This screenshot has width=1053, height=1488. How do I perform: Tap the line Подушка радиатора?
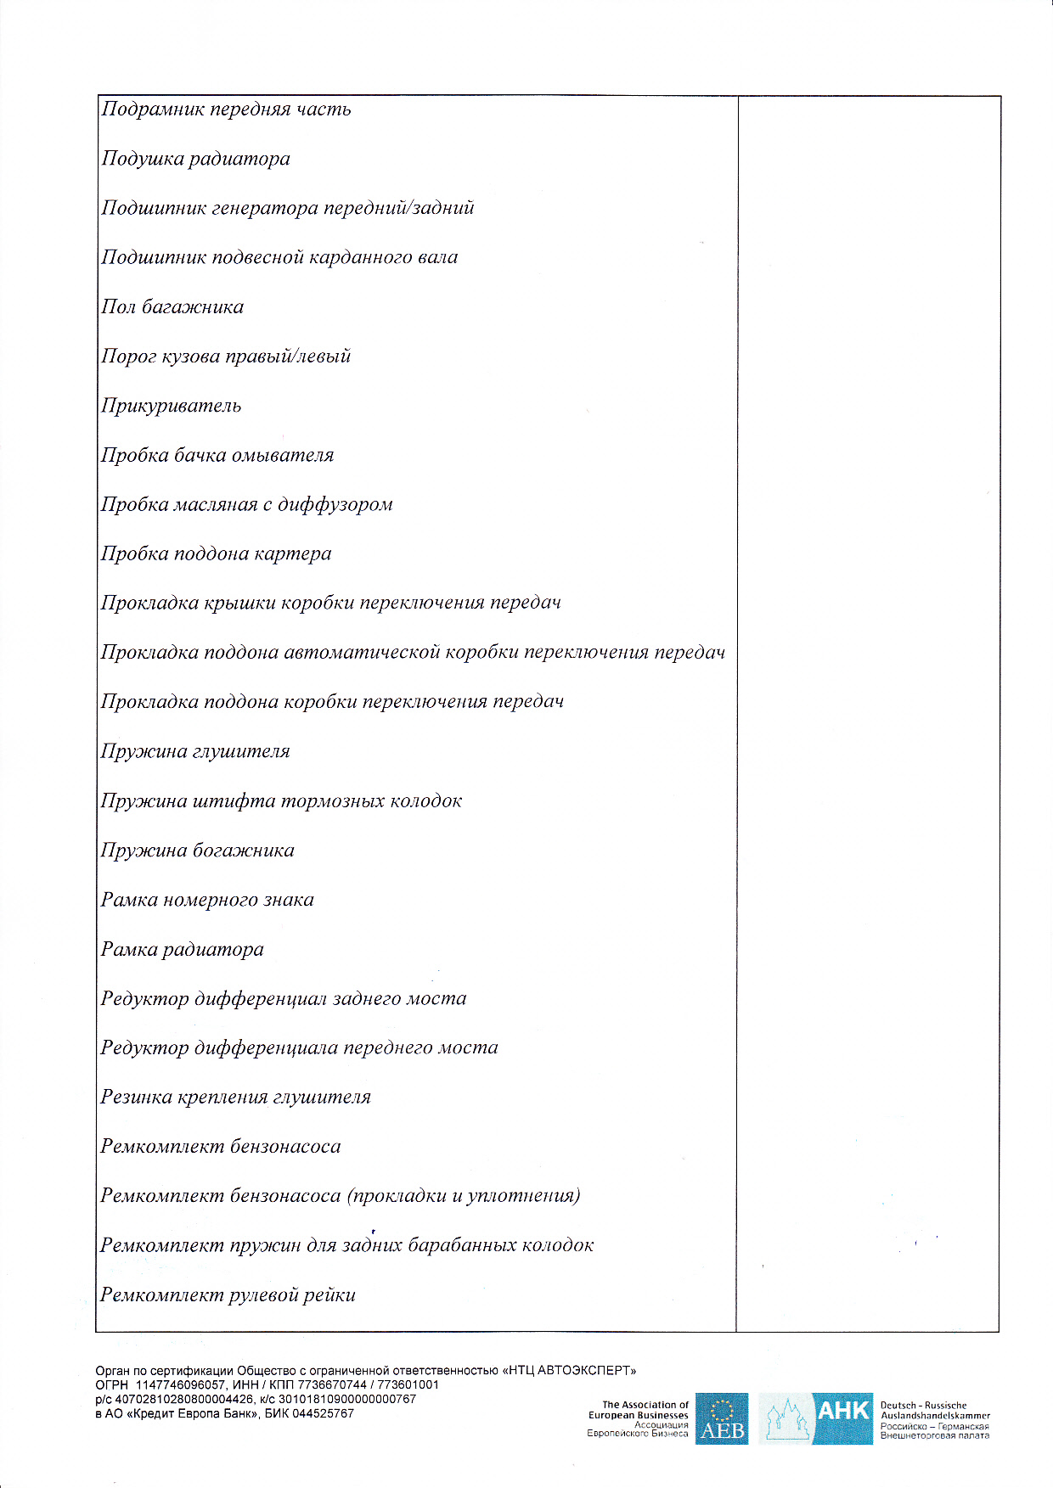195,159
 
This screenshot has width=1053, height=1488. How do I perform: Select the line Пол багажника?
172,307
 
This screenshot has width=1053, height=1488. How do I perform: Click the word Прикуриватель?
171,406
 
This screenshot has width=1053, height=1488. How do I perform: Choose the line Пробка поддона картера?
216,554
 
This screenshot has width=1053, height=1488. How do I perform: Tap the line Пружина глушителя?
195,752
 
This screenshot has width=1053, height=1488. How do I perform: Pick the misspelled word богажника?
244,851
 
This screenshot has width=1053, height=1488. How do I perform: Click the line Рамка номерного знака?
207,900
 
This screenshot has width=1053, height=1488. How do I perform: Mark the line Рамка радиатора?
182,949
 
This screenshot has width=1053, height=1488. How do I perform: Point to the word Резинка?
136,1097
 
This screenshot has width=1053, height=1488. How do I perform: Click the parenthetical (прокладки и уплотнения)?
464,1196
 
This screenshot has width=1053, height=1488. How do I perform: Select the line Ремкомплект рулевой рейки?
228,1295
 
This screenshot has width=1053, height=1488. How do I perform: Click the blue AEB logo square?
722,1418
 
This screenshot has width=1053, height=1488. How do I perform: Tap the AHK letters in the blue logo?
842,1411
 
